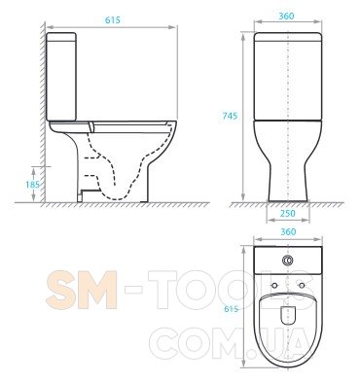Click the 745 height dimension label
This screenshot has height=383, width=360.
[230, 116]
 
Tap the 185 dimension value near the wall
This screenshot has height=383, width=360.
[32, 185]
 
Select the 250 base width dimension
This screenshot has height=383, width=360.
[288, 213]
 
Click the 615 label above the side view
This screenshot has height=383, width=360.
[113, 20]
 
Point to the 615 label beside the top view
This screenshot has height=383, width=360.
[231, 309]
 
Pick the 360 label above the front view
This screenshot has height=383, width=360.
[286, 16]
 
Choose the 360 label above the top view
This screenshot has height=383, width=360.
[288, 232]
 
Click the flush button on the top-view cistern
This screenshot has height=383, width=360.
[288, 260]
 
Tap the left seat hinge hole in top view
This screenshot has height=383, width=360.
[274, 285]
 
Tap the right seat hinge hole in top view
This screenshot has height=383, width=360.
[302, 285]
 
